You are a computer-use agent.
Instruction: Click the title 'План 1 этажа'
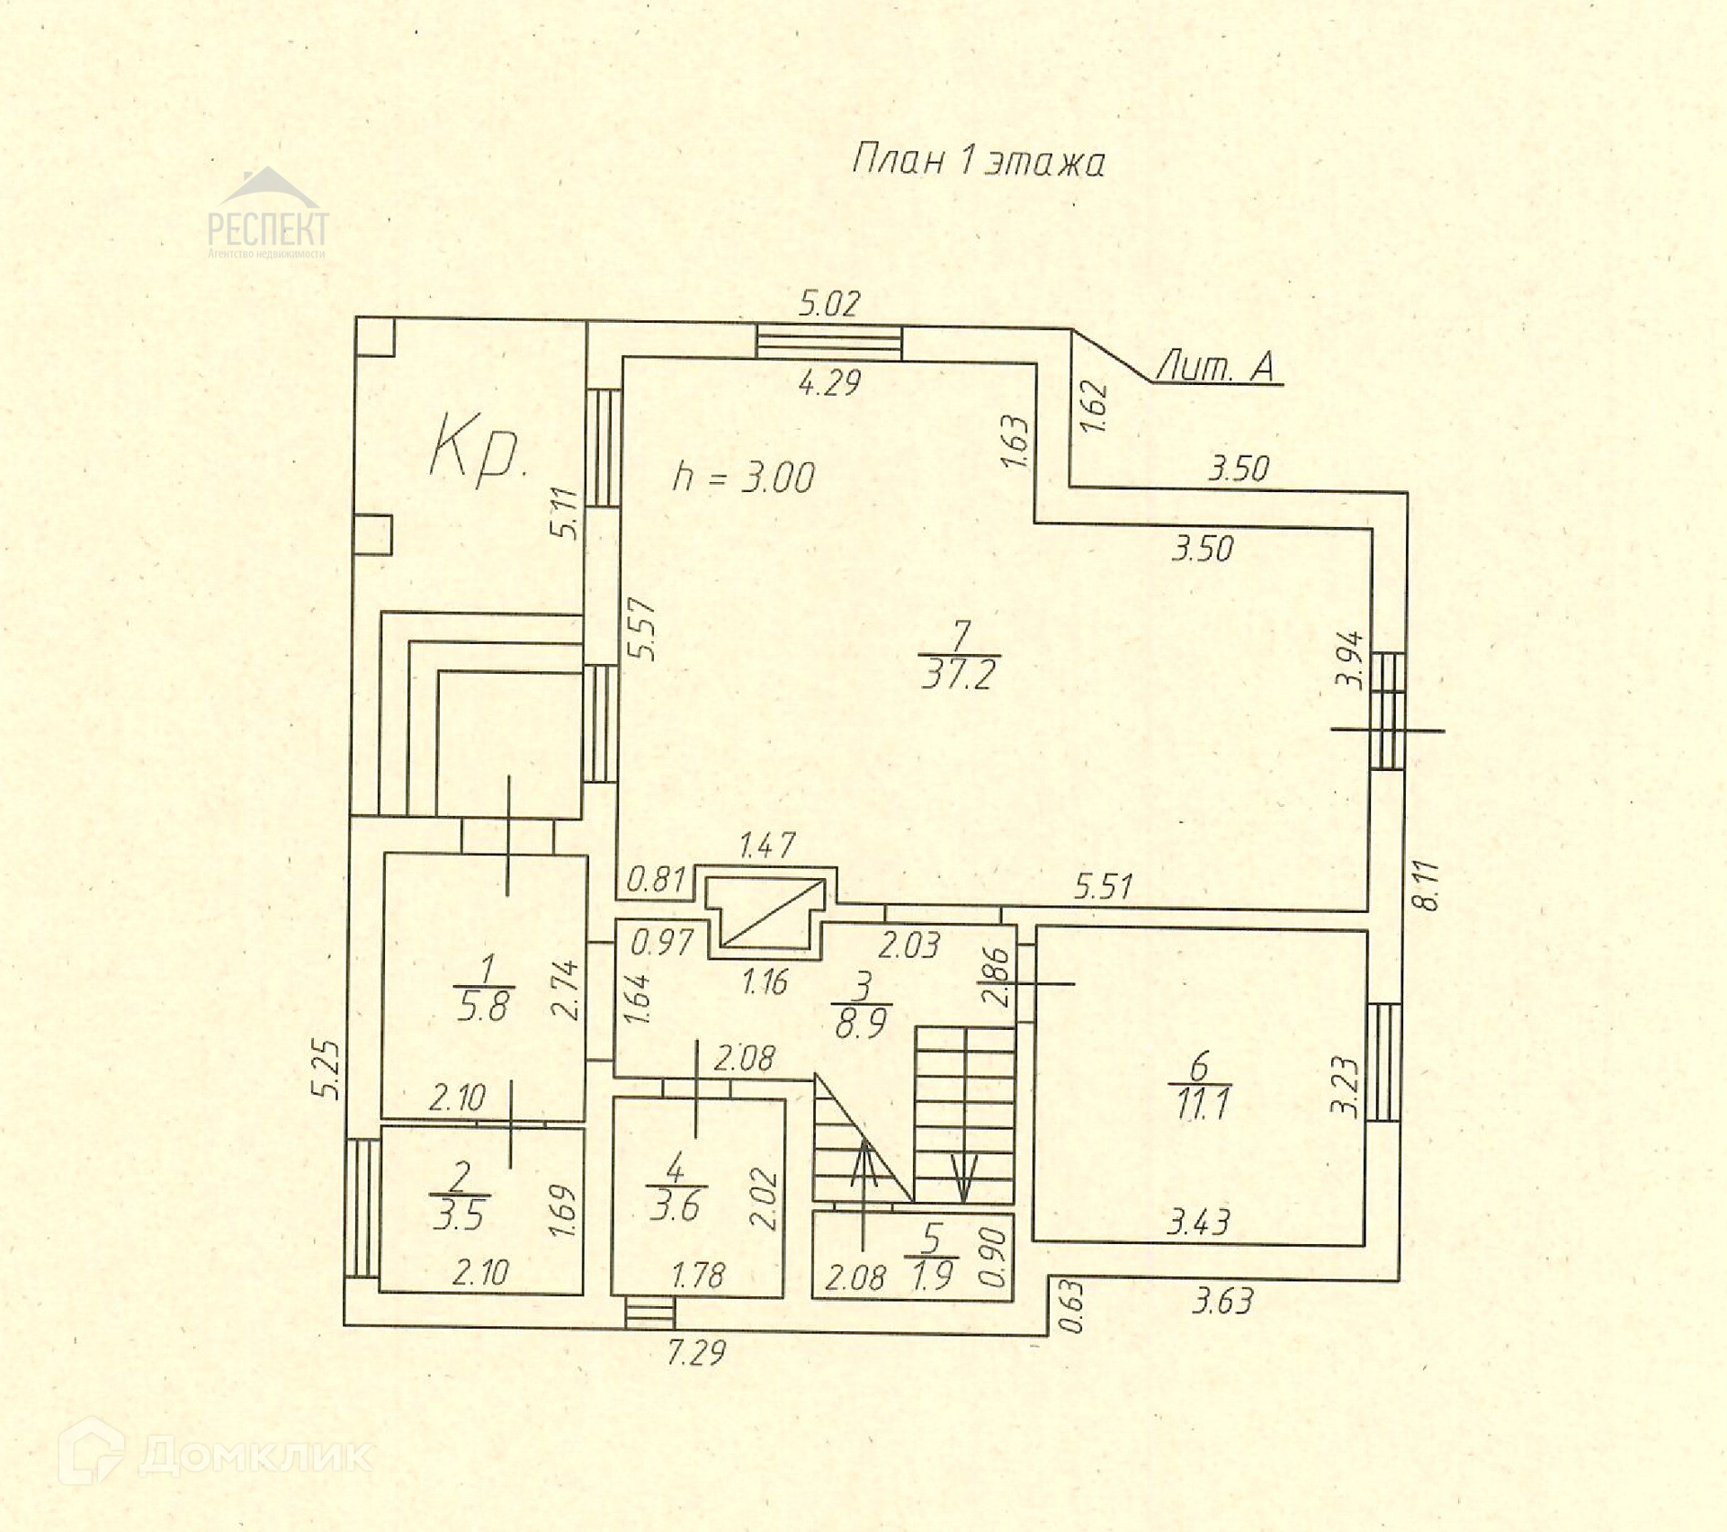point(978,162)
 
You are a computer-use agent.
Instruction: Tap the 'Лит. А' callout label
point(1215,366)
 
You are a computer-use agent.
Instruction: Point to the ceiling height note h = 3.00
point(744,478)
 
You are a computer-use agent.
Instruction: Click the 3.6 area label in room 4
point(675,1207)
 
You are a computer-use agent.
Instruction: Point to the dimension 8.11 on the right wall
point(1427,886)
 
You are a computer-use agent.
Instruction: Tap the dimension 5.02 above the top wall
point(829,304)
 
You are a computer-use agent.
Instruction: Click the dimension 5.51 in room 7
point(1103,887)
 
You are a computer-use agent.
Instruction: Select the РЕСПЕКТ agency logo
point(268,216)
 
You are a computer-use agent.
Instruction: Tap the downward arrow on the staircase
point(962,1178)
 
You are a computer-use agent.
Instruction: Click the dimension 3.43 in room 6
point(1198,1223)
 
